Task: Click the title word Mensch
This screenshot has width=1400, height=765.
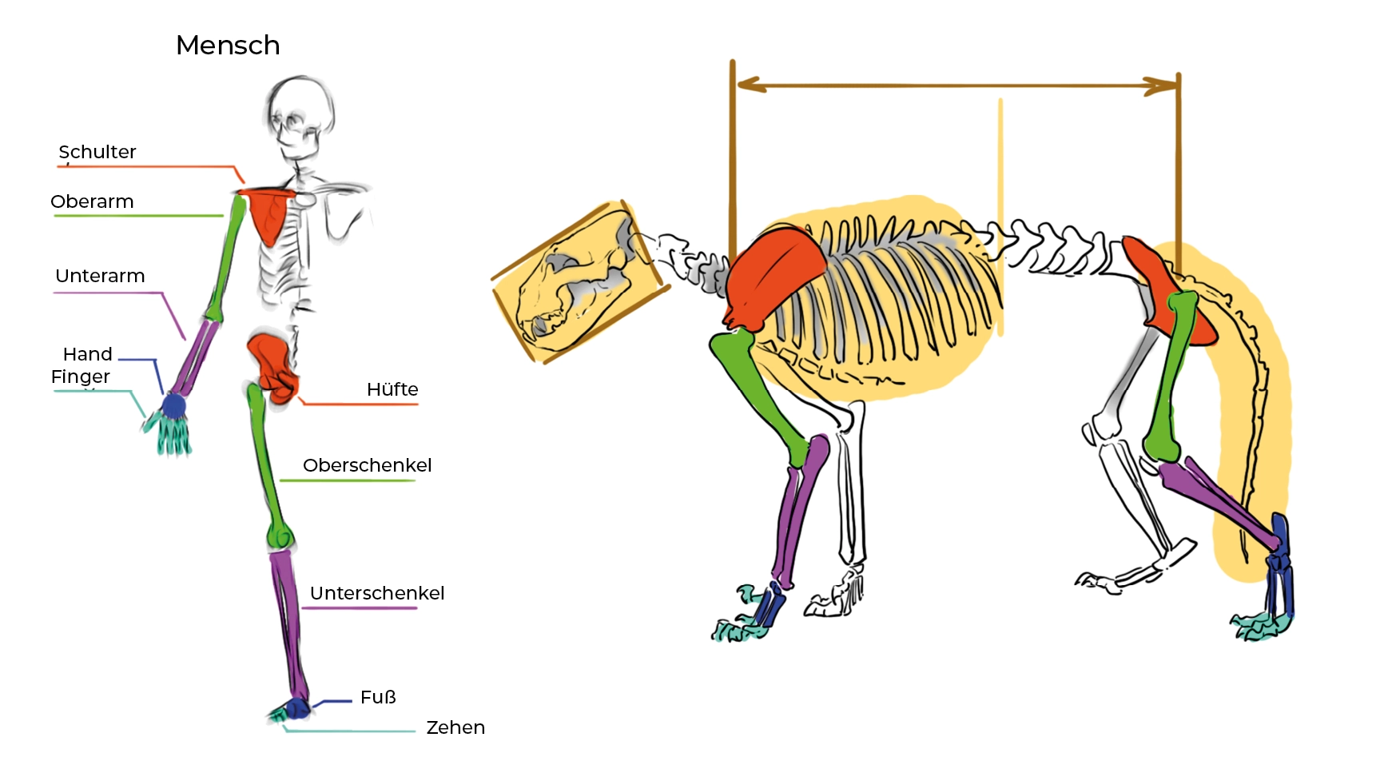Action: pos(228,46)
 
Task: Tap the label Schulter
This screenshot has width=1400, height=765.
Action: pos(97,152)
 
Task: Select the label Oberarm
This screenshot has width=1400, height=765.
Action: pos(92,201)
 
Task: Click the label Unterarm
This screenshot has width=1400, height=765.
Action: pos(100,276)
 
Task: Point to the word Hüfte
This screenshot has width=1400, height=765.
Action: pos(392,389)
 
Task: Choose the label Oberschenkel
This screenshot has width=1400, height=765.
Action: pos(367,465)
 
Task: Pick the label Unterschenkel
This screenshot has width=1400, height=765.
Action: pos(376,593)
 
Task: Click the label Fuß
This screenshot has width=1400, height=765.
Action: pos(378,697)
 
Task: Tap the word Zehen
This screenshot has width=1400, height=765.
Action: pos(455,727)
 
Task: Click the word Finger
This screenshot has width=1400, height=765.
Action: pos(80,377)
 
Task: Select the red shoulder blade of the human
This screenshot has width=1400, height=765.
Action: pos(270,212)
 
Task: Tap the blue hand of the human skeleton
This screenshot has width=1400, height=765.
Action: pos(173,407)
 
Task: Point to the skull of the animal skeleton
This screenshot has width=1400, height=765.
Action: pos(579,284)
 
